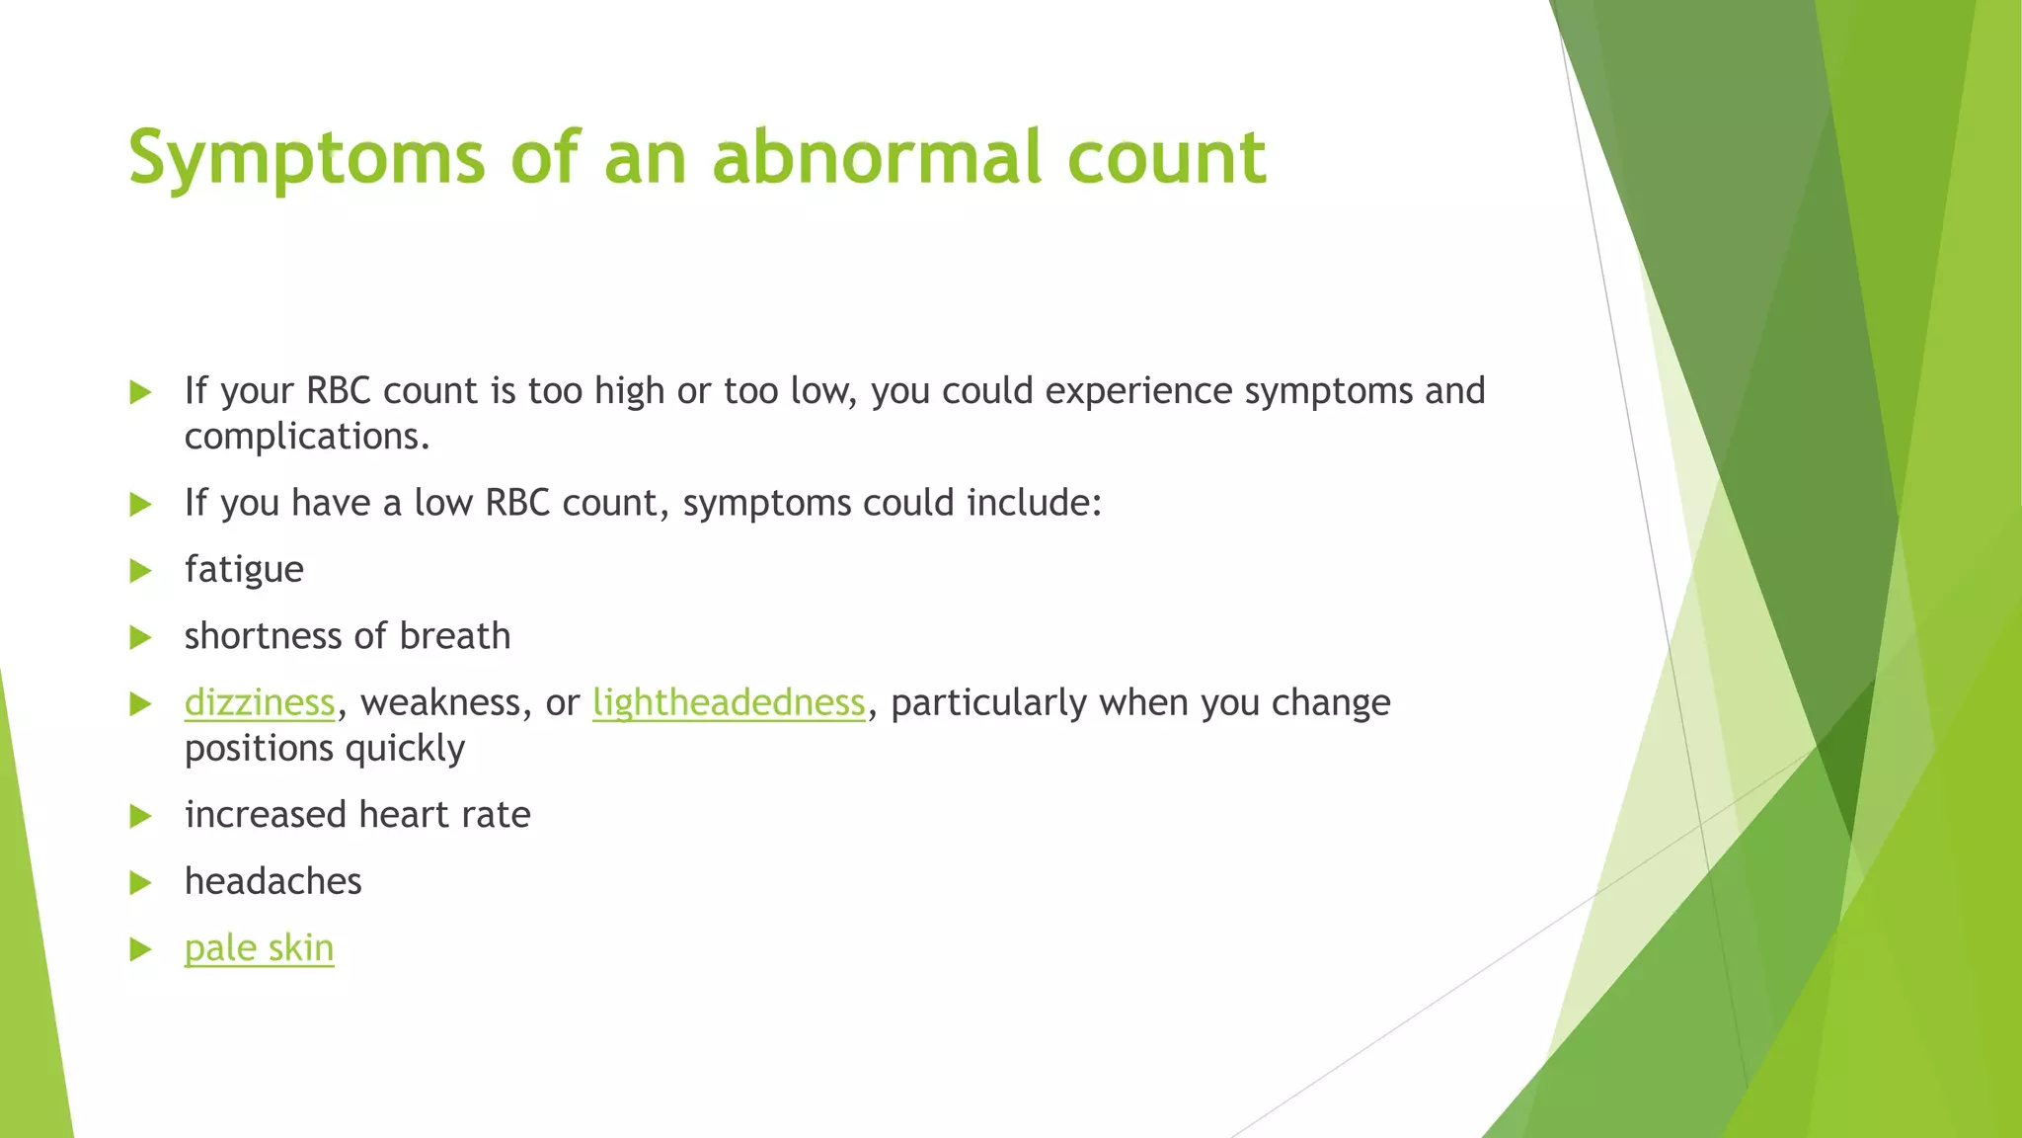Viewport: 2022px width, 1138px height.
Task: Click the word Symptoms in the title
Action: click(x=306, y=158)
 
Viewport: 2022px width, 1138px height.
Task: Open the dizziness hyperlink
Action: click(x=260, y=703)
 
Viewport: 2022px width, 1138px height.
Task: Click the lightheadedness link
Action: click(x=729, y=703)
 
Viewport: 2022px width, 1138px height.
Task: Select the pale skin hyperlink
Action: click(x=259, y=948)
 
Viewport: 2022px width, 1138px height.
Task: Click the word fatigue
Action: click(x=244, y=570)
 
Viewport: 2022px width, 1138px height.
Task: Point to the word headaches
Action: click(x=273, y=881)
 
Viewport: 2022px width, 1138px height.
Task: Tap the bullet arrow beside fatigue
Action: click(x=140, y=571)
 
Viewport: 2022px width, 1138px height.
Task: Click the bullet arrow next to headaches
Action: click(x=140, y=882)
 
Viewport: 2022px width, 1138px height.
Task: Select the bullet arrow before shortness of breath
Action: click(x=140, y=637)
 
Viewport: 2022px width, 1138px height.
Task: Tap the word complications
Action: click(x=306, y=437)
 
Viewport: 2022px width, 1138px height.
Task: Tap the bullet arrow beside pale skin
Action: click(x=140, y=949)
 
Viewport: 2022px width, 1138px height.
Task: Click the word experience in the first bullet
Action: click(x=1138, y=392)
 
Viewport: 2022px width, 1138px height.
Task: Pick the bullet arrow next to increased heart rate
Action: click(x=140, y=816)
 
